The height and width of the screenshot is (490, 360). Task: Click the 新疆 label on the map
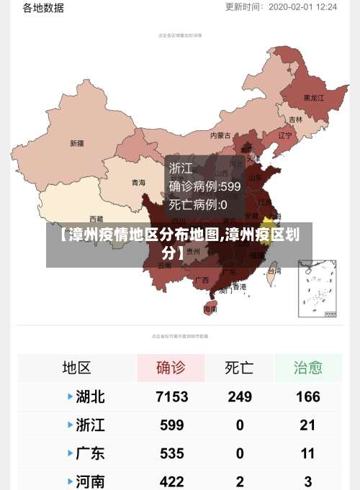pyautogui.click(x=76, y=143)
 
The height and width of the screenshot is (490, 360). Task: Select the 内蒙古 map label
pyautogui.click(x=220, y=135)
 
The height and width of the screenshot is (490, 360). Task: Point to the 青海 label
pyautogui.click(x=138, y=183)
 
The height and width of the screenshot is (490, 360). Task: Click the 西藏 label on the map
pyautogui.click(x=96, y=218)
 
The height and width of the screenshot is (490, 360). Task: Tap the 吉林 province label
pyautogui.click(x=295, y=119)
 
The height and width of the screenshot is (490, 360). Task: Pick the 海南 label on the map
pyautogui.click(x=210, y=309)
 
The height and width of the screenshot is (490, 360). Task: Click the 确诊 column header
pyautogui.click(x=171, y=368)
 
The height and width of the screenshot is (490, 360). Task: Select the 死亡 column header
pyautogui.click(x=240, y=368)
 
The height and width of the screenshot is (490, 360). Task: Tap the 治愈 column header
pyautogui.click(x=307, y=368)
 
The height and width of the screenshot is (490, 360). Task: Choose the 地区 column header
pyautogui.click(x=76, y=368)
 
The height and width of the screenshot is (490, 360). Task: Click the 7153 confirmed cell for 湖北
pyautogui.click(x=171, y=396)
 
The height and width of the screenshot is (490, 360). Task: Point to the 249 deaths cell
pyautogui.click(x=240, y=396)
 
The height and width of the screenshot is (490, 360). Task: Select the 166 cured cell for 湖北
pyautogui.click(x=307, y=396)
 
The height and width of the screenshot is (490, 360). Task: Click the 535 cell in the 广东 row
pyautogui.click(x=171, y=453)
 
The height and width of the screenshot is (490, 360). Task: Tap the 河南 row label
pyautogui.click(x=90, y=481)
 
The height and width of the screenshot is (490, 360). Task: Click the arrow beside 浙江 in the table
pyautogui.click(x=70, y=425)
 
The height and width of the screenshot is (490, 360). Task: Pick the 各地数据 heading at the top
pyautogui.click(x=43, y=8)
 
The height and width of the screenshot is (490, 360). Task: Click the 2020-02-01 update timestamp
pyautogui.click(x=302, y=7)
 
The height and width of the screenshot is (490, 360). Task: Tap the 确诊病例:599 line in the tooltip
pyautogui.click(x=204, y=186)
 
